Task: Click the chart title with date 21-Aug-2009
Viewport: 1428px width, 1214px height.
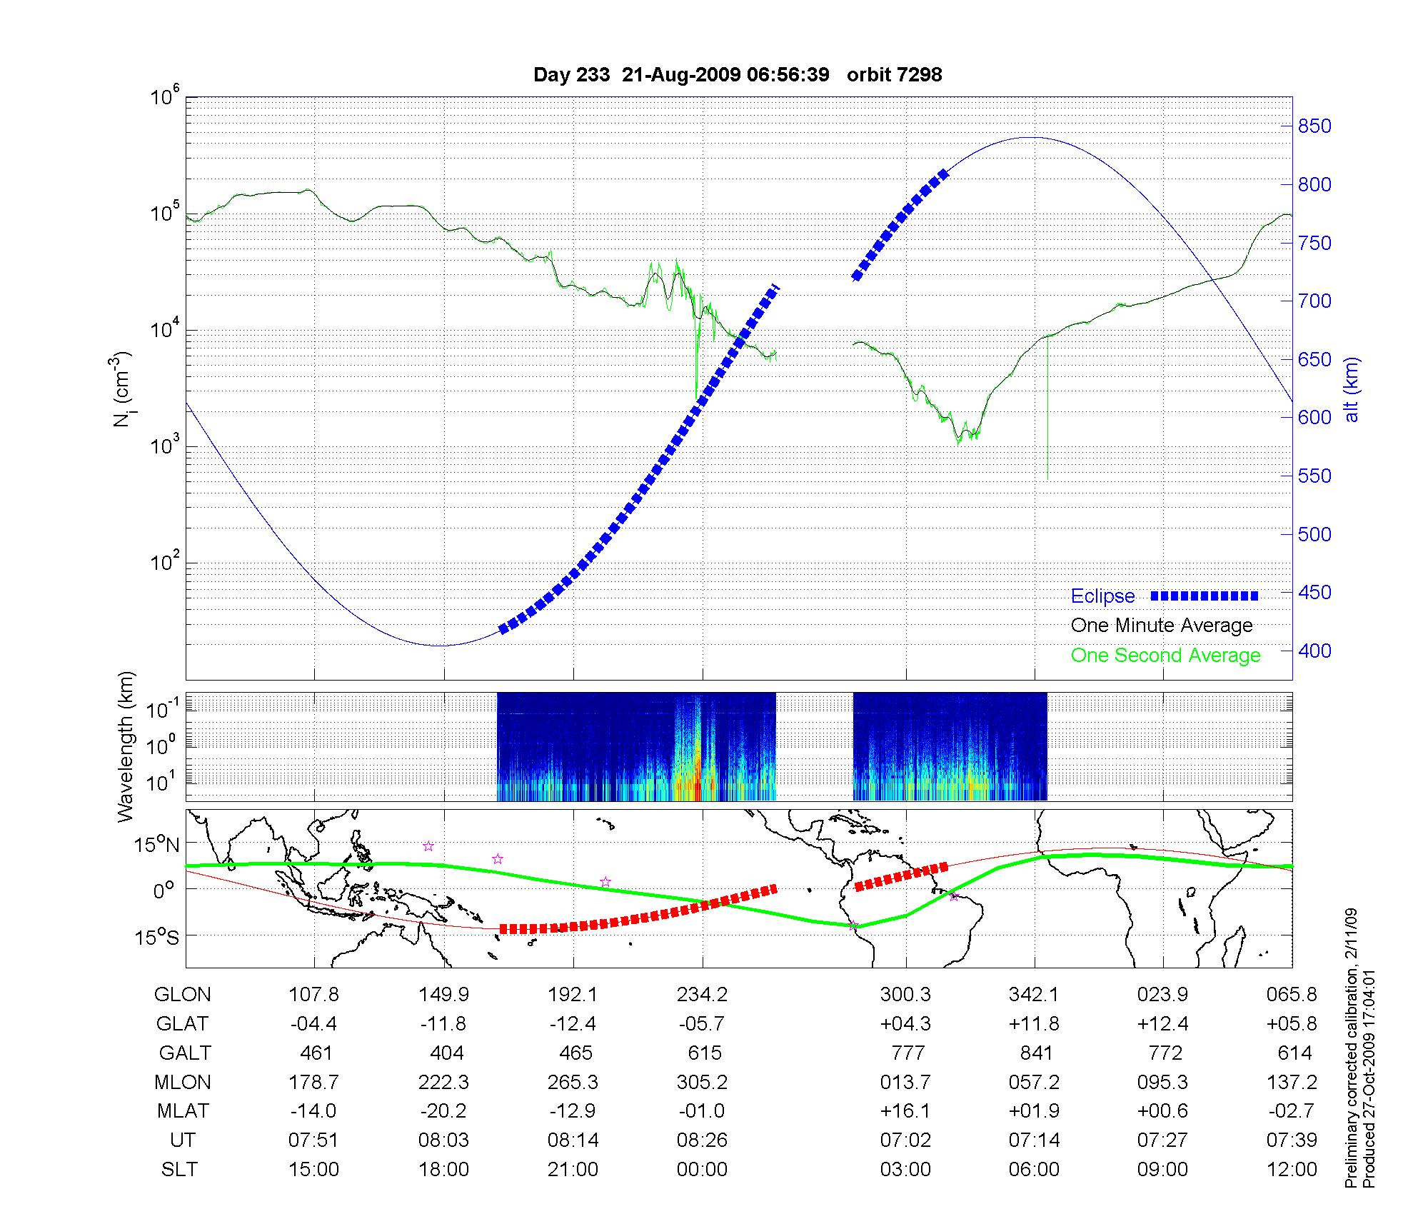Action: pyautogui.click(x=738, y=74)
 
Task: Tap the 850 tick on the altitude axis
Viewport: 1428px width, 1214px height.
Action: pyautogui.click(x=1314, y=126)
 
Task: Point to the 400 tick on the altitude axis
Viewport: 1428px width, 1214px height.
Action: pyautogui.click(x=1314, y=651)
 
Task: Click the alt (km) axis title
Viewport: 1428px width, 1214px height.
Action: pyautogui.click(x=1352, y=389)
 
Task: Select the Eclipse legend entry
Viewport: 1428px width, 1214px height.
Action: pyautogui.click(x=1102, y=596)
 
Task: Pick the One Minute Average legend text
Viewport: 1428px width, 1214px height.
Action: pyautogui.click(x=1162, y=626)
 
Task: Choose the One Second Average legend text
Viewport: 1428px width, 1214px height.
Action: pyautogui.click(x=1165, y=655)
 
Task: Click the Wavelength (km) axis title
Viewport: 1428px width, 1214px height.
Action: pyautogui.click(x=126, y=747)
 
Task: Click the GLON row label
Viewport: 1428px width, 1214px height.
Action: pyautogui.click(x=182, y=994)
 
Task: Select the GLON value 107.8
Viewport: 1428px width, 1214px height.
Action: pyautogui.click(x=313, y=994)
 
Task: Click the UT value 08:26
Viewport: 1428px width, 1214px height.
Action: pyautogui.click(x=702, y=1140)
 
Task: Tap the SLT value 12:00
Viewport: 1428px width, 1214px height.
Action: pyautogui.click(x=1292, y=1169)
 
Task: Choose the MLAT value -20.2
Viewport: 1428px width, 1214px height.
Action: pyautogui.click(x=443, y=1111)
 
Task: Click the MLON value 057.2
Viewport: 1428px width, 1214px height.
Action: pyautogui.click(x=1033, y=1082)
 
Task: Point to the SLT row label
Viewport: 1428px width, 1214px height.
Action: pyautogui.click(x=179, y=1169)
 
